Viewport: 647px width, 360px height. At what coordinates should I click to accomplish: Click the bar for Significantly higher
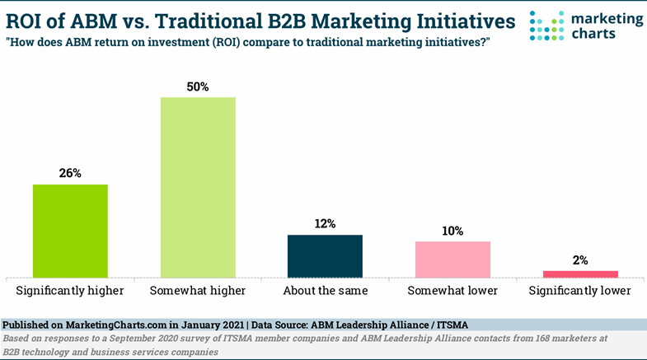70,231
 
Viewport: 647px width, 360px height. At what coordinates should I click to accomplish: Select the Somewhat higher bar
198,187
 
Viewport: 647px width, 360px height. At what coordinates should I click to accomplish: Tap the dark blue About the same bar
325,256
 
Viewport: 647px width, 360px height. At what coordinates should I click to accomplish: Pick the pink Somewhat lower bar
452,259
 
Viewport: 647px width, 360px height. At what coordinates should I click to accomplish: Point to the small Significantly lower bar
580,274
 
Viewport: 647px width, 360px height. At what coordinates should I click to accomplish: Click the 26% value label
70,173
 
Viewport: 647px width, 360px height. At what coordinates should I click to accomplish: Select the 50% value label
198,86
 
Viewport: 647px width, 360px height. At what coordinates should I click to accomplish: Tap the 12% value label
325,224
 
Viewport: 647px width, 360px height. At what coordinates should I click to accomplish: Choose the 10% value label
452,231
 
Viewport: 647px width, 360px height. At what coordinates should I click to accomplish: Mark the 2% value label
580,260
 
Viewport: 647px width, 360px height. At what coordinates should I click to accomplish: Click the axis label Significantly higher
70,291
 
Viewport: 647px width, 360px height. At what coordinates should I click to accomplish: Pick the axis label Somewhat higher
198,291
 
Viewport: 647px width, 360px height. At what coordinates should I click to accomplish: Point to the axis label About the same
325,291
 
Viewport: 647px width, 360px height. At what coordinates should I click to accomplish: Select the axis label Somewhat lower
452,291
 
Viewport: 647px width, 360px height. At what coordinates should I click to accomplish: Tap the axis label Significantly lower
580,291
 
